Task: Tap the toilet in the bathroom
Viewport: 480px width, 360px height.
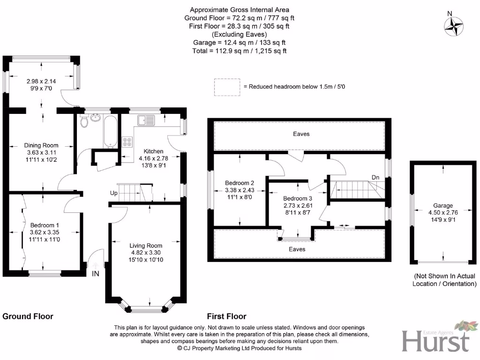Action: point(84,122)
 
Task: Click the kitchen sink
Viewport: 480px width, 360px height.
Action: point(146,120)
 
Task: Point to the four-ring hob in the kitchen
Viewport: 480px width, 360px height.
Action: point(127,142)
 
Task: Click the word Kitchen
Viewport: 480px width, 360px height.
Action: point(153,151)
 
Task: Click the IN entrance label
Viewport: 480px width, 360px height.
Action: point(96,273)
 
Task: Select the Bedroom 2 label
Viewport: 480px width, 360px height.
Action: point(240,183)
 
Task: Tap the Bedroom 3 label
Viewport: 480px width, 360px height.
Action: point(298,198)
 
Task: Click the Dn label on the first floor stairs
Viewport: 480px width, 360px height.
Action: point(375,177)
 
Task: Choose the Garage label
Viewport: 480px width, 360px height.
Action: point(443,205)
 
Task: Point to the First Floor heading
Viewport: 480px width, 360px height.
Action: point(226,316)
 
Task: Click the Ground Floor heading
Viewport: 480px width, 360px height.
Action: point(28,316)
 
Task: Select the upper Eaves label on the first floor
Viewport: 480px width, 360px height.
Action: point(301,134)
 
